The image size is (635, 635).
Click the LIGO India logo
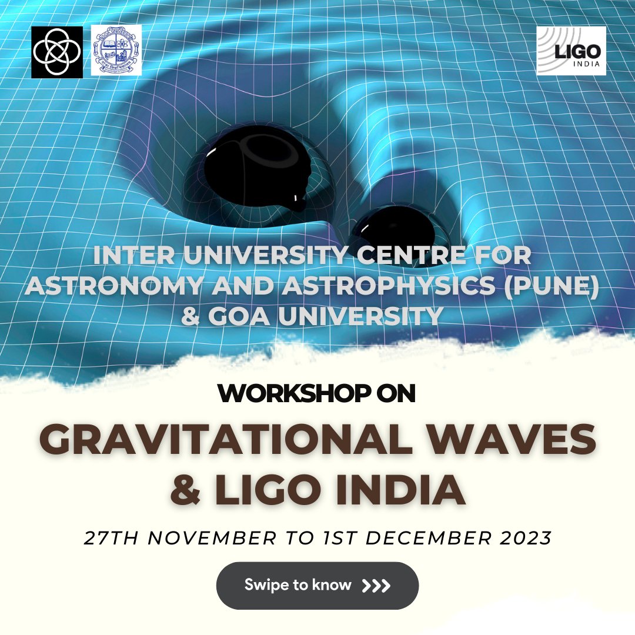[x=571, y=51]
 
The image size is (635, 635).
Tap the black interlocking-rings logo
[x=57, y=52]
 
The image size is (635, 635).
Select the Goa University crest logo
[x=116, y=50]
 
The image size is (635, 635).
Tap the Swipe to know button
[x=317, y=586]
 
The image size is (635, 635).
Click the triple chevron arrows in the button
[x=376, y=586]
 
